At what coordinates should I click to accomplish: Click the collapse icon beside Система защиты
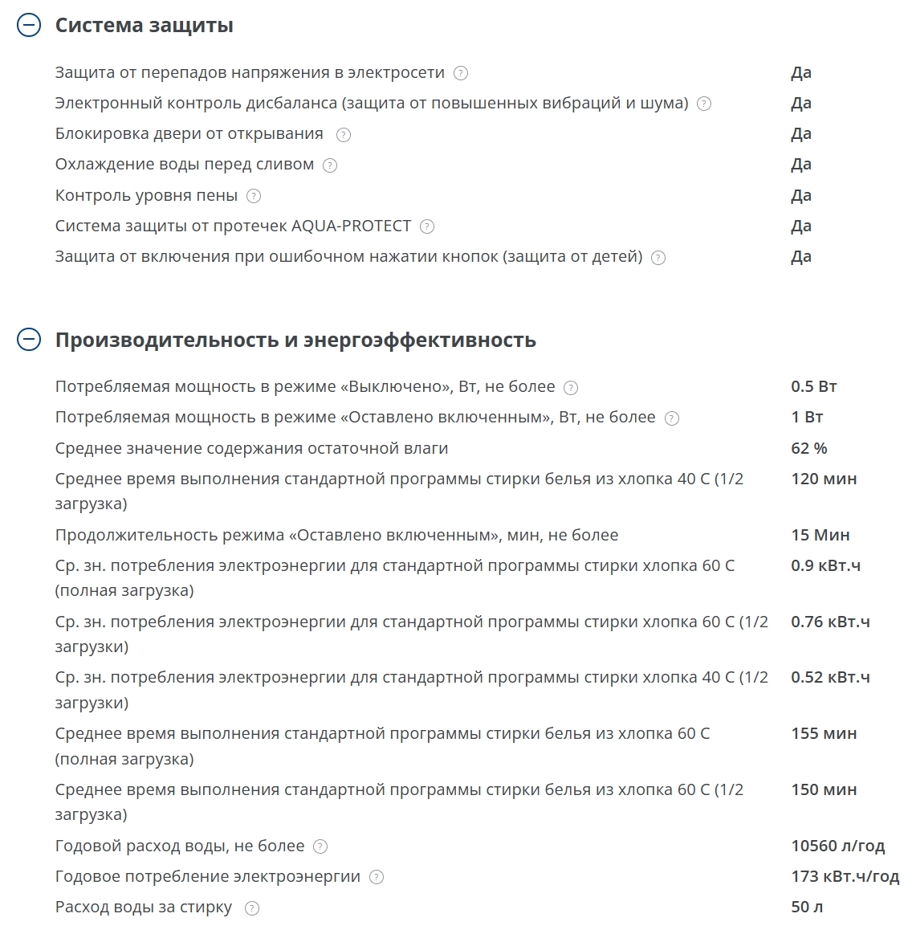pos(28,26)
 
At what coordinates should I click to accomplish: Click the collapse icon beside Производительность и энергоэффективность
pos(28,340)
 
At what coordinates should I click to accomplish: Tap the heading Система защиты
pos(144,26)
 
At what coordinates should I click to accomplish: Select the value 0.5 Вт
pos(813,386)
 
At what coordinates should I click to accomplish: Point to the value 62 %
pos(808,448)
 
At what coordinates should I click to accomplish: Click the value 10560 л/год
pos(837,846)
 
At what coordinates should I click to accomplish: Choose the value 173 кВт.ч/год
pos(845,876)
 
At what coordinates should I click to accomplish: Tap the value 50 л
pos(807,908)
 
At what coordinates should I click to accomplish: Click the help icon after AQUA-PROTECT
pos(427,226)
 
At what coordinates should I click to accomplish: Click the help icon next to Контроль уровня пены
pos(254,196)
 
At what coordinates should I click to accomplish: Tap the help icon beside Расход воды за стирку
pos(252,908)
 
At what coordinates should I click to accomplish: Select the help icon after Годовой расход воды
pos(320,846)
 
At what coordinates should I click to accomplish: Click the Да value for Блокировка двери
pos(800,133)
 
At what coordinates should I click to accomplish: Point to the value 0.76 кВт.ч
pos(830,622)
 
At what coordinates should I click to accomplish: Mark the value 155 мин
pos(824,733)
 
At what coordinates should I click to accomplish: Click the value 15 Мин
pos(820,535)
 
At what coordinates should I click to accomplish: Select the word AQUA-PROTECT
pos(351,226)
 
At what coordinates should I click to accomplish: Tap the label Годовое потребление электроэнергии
pos(207,876)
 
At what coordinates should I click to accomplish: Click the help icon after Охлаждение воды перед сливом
pos(330,165)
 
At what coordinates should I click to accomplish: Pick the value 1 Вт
pos(807,417)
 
